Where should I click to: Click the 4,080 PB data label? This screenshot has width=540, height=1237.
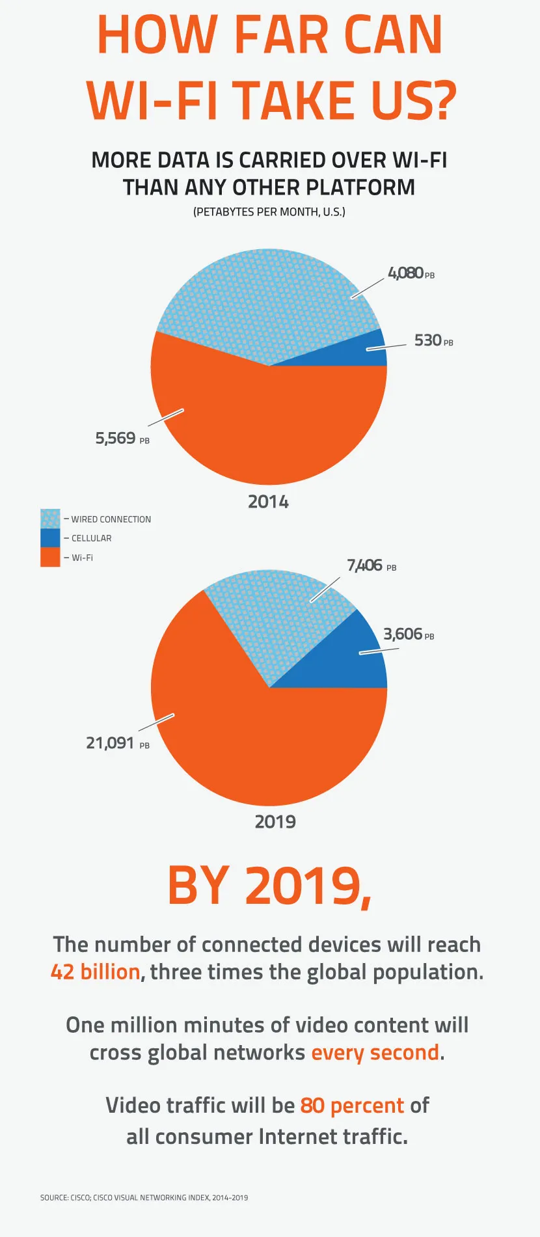pyautogui.click(x=411, y=273)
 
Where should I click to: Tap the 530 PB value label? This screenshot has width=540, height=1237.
pyautogui.click(x=433, y=340)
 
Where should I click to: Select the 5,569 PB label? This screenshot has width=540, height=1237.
pyautogui.click(x=122, y=439)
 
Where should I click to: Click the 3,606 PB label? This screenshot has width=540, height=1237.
pyautogui.click(x=408, y=634)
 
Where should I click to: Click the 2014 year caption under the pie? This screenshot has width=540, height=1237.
pyautogui.click(x=268, y=502)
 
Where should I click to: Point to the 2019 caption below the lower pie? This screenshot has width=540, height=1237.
pyautogui.click(x=275, y=822)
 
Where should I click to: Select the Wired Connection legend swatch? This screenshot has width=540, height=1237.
pyautogui.click(x=50, y=519)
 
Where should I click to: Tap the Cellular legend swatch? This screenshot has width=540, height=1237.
pyautogui.click(x=50, y=538)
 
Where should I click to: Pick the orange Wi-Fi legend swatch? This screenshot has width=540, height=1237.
pyautogui.click(x=50, y=557)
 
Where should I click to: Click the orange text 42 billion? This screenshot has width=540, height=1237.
pyautogui.click(x=96, y=972)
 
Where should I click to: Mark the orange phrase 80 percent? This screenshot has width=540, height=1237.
pyautogui.click(x=352, y=1106)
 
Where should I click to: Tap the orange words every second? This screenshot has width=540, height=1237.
pyautogui.click(x=375, y=1053)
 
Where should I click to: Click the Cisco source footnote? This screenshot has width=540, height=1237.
pyautogui.click(x=144, y=1197)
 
